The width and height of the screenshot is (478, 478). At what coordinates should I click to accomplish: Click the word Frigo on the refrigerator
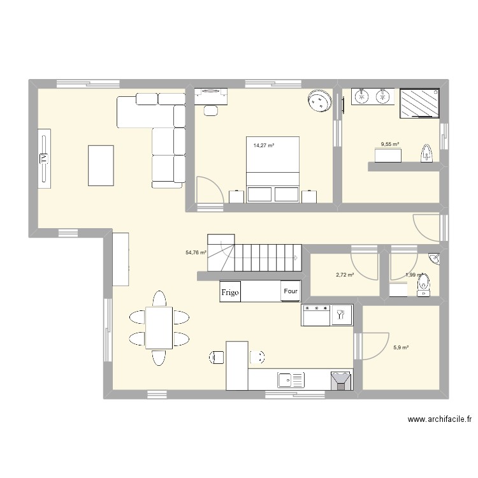(230, 293)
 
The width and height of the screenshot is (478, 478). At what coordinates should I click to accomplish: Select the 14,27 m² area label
(263, 145)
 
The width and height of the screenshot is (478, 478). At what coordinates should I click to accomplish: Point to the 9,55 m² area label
(390, 145)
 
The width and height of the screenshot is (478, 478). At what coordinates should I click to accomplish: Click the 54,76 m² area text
(196, 252)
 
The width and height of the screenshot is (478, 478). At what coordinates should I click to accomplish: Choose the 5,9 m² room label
(401, 347)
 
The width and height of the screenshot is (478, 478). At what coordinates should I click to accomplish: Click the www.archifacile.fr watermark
(439, 419)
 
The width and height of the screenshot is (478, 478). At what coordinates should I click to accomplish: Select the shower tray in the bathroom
(419, 103)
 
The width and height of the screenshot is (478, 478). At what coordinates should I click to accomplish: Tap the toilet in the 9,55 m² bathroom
(427, 153)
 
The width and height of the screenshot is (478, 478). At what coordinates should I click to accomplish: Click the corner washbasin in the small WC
(434, 258)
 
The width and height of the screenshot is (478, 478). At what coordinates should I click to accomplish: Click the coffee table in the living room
(101, 166)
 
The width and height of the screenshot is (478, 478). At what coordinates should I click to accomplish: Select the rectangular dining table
(159, 328)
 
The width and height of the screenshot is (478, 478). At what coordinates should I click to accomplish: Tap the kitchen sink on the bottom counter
(291, 380)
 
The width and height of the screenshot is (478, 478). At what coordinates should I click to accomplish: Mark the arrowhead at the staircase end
(296, 257)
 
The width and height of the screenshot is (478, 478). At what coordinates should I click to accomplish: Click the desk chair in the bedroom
(210, 110)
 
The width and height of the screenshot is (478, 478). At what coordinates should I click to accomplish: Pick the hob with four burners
(315, 314)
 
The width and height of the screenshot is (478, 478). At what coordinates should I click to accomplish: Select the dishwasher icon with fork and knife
(340, 314)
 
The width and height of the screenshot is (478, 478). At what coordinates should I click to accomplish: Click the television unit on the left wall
(44, 158)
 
